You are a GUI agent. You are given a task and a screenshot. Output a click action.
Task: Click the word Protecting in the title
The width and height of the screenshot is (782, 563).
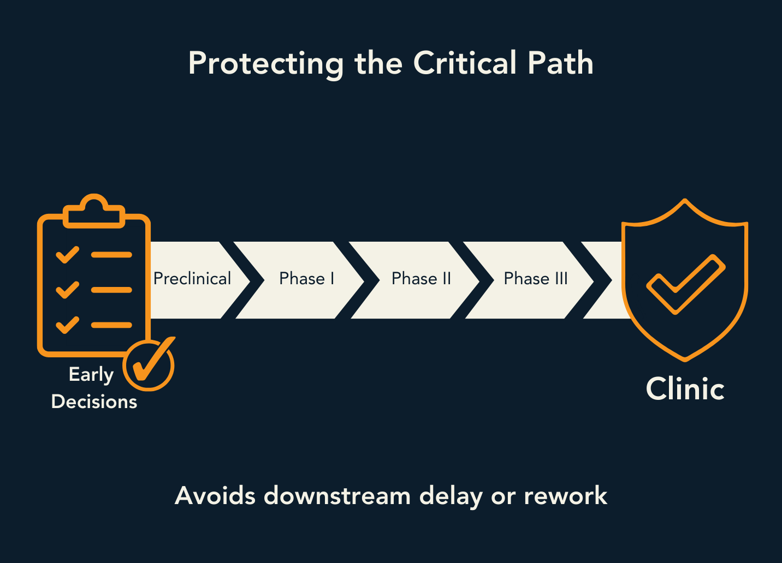[x=265, y=64]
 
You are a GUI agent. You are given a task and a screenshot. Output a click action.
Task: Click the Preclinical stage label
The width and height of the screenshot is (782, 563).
[x=192, y=279]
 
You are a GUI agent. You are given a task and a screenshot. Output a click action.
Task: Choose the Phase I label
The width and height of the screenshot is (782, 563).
[x=306, y=279]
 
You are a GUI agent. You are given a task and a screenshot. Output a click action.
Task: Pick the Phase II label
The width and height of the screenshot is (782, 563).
[x=421, y=279]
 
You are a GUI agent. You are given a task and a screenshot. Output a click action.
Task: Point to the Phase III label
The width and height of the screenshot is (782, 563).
[x=536, y=279]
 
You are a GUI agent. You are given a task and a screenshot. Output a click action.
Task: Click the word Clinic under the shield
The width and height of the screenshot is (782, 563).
[x=685, y=389]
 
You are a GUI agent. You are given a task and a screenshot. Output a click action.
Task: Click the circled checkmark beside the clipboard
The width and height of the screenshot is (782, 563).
[x=149, y=364]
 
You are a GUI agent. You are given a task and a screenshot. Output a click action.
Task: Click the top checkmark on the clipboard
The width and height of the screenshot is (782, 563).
[x=68, y=255]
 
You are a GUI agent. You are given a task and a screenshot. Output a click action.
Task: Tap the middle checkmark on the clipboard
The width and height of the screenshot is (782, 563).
[x=68, y=290]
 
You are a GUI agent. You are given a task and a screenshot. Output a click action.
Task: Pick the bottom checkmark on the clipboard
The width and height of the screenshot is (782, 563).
[x=68, y=325]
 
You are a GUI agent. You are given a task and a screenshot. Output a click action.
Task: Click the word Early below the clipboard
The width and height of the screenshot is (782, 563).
[x=91, y=375]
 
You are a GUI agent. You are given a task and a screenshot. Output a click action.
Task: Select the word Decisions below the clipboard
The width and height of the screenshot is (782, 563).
[x=94, y=402]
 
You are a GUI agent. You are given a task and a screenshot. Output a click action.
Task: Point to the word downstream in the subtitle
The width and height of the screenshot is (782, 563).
[x=337, y=496]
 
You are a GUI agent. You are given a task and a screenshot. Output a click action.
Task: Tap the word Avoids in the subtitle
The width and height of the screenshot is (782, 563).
[x=215, y=496]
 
